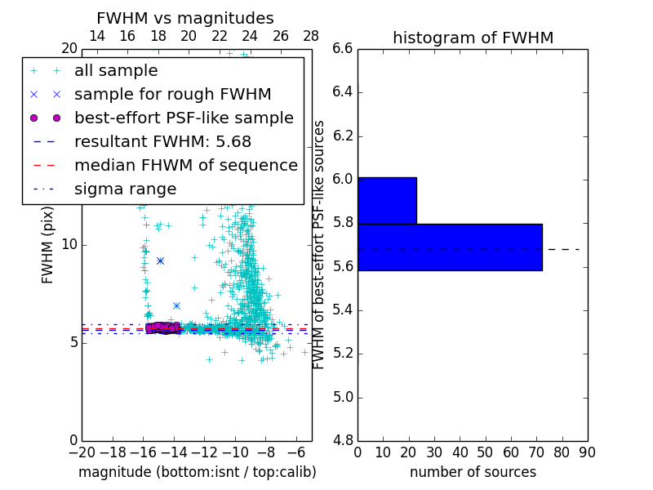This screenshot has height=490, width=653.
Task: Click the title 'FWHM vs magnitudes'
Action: tap(185, 18)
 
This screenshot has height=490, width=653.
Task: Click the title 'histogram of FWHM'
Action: tap(473, 38)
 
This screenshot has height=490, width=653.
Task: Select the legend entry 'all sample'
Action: tap(116, 71)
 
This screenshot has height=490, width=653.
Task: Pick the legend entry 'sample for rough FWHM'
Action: tap(173, 95)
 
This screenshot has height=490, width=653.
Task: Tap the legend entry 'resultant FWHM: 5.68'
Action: tap(170, 141)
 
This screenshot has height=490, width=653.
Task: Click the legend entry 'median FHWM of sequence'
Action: tap(186, 165)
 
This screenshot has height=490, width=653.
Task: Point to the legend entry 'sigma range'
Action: tap(125, 189)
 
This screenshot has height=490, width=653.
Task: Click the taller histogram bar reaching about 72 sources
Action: tap(450, 247)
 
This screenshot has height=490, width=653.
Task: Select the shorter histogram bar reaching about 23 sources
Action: tap(387, 200)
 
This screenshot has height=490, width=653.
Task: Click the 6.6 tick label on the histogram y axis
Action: tap(343, 48)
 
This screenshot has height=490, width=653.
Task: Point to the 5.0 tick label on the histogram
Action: tap(343, 397)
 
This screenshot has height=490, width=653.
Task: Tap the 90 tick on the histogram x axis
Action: tap(587, 452)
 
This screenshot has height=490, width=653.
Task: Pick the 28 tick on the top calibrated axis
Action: tap(311, 36)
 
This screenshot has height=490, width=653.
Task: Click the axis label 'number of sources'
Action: tap(473, 472)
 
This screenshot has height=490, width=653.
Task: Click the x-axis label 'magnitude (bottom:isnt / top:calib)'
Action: tap(197, 472)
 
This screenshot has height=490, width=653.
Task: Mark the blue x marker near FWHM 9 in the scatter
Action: tap(160, 261)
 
